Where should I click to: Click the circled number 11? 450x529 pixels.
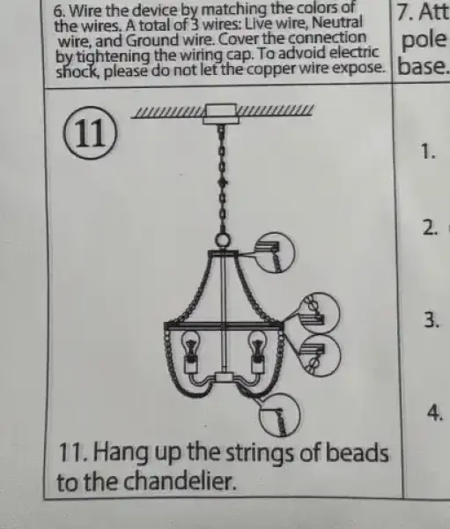pos(90,132)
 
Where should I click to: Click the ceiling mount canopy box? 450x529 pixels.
pos(221,114)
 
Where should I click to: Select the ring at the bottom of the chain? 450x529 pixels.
pos(222,242)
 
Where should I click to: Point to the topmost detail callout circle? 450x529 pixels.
pos(275,252)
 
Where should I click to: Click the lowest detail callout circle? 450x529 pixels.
pos(279,414)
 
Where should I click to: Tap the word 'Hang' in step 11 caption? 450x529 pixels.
pos(120,454)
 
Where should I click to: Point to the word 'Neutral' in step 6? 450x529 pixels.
pos(336,23)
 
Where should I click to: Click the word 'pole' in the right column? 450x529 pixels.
pos(424,41)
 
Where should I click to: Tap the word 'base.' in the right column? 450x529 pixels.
pos(424,67)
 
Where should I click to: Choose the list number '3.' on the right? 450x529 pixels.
pos(432,320)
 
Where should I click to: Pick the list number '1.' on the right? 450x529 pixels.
pos(429,151)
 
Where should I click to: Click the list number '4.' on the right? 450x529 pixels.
pos(435,413)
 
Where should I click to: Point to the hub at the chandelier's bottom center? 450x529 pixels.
pos(223,376)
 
